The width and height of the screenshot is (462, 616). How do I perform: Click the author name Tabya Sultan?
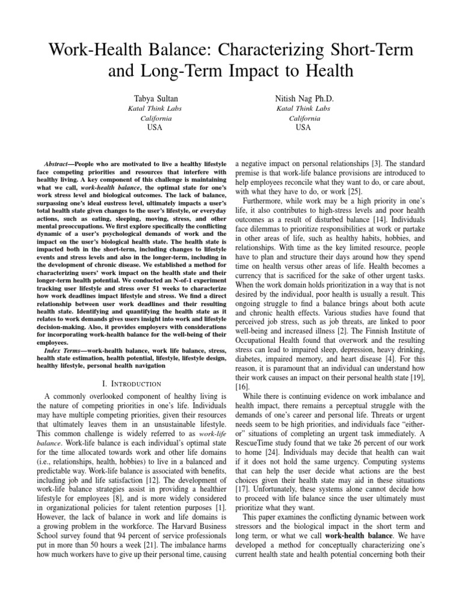[155, 97]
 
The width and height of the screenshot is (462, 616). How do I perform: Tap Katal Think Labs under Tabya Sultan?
[155, 109]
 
